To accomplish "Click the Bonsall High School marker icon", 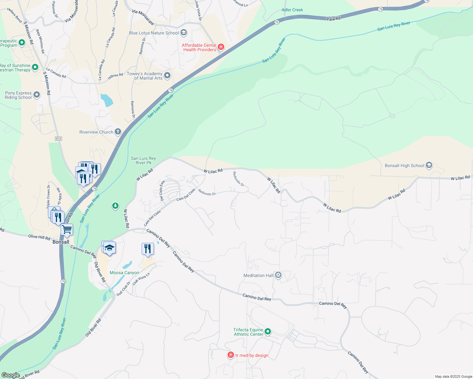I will tap(429, 165).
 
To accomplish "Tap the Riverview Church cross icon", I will tap(118, 132).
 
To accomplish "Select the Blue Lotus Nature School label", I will tap(154, 33).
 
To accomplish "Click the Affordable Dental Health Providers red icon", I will tap(221, 47).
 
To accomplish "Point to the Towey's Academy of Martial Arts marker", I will tap(167, 75).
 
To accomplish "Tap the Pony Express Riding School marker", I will tap(37, 95).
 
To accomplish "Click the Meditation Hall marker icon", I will tap(278, 275).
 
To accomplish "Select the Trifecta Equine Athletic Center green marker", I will tap(268, 332).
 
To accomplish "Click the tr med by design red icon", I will tap(231, 355).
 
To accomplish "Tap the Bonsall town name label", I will tap(61, 242).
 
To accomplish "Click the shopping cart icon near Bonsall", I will tap(67, 230).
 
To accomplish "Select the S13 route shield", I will tap(58, 139).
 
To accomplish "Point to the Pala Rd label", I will tap(333, 19).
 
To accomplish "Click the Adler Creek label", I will tap(292, 10).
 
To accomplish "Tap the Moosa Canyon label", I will tap(124, 273).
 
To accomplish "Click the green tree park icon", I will tap(115, 206).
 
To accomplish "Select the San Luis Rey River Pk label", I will tap(143, 160).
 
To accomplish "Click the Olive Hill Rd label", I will tap(39, 237).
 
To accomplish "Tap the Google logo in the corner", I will tap(11, 375).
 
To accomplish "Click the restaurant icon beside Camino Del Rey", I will tap(148, 249).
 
